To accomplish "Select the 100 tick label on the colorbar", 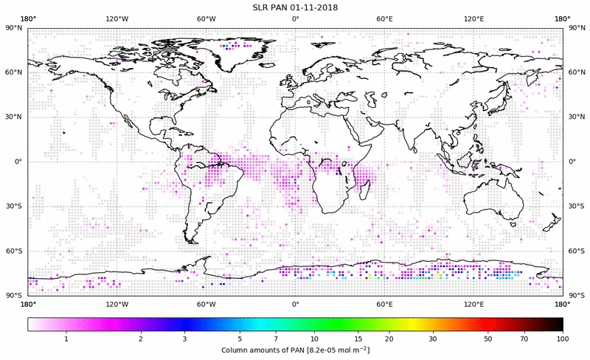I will [563, 339].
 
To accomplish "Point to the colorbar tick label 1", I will [67, 339].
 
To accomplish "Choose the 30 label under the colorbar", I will [434, 339].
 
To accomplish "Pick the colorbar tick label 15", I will [356, 339].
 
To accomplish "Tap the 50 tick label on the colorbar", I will [488, 339].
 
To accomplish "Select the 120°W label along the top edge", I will [117, 20].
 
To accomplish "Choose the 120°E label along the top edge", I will [473, 20].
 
